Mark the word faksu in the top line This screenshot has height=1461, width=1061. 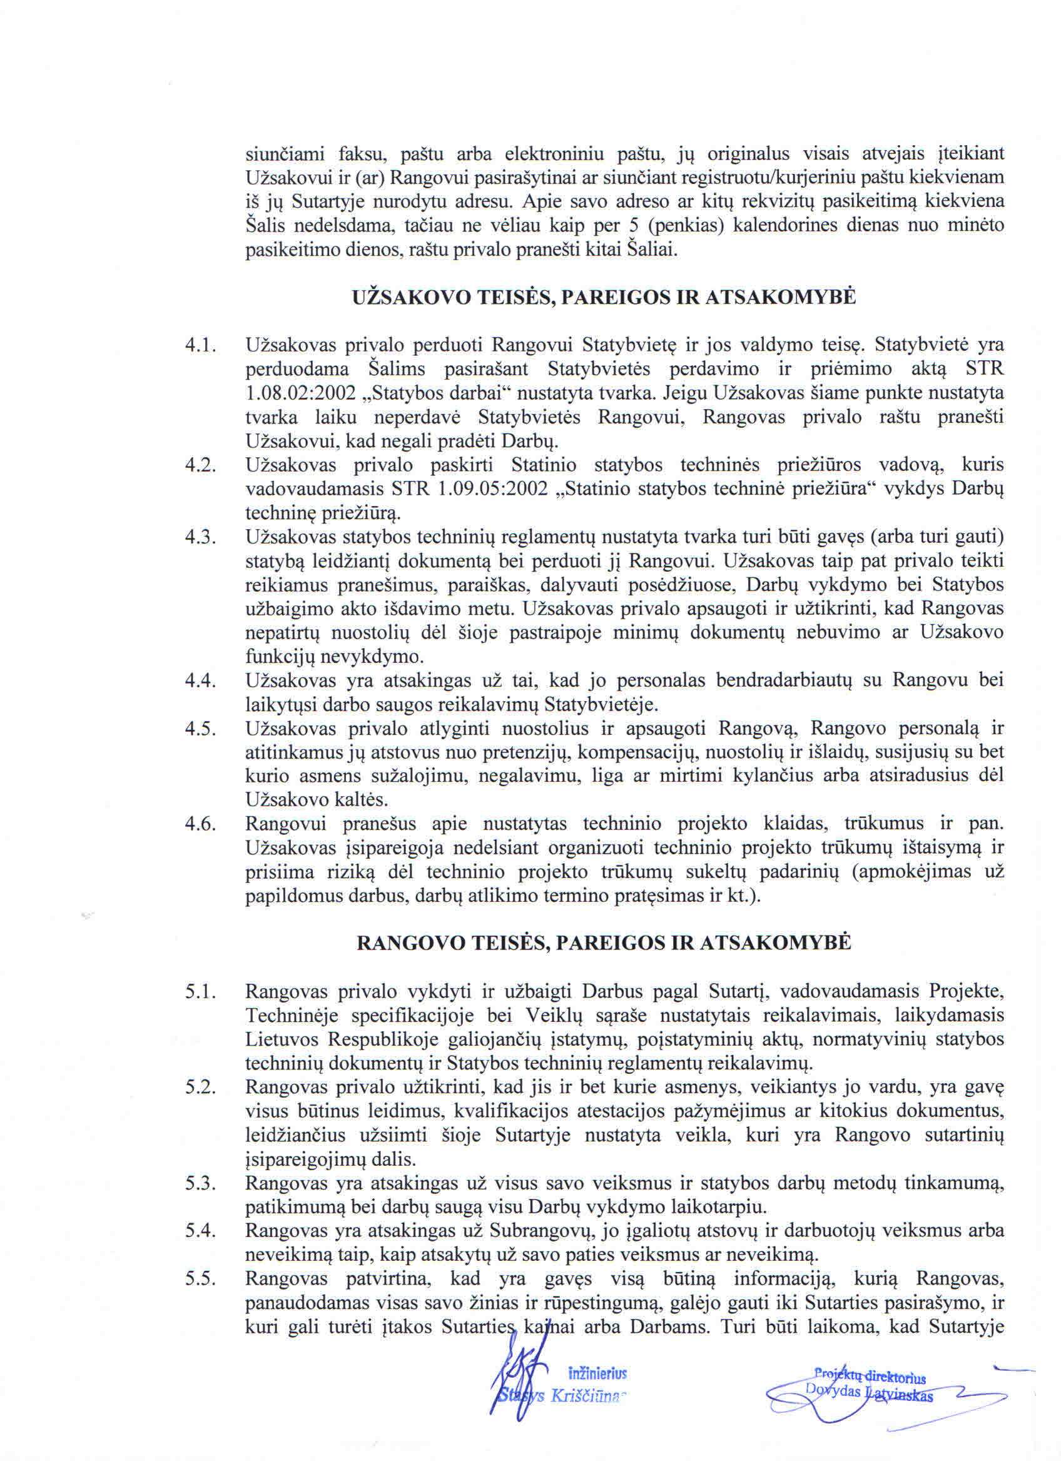362,154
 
